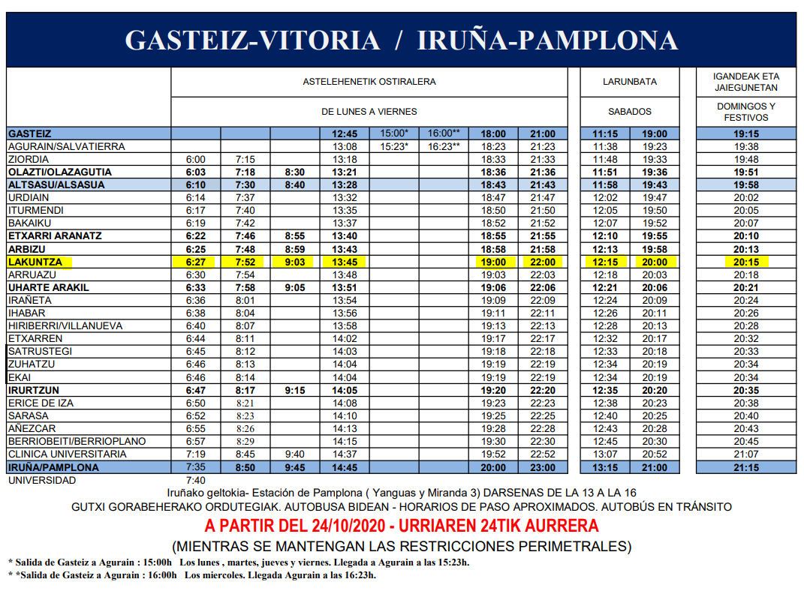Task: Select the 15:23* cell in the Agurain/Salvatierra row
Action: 394,147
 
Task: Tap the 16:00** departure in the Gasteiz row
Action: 444,133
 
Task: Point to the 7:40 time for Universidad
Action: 195,480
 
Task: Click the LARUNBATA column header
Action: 630,82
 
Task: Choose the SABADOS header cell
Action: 630,112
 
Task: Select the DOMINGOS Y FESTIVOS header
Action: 746,112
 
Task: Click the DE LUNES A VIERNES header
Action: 369,112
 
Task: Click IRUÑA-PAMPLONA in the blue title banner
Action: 547,40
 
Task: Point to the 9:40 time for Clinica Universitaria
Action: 295,454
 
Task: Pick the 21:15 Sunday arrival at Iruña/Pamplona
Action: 746,467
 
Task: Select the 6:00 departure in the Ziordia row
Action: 195,160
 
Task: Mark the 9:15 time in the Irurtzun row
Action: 295,391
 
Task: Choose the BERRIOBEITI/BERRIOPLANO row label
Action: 77,442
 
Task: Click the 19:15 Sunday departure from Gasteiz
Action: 746,133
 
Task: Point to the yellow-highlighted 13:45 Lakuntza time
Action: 345,262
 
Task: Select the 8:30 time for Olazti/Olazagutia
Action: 295,172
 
